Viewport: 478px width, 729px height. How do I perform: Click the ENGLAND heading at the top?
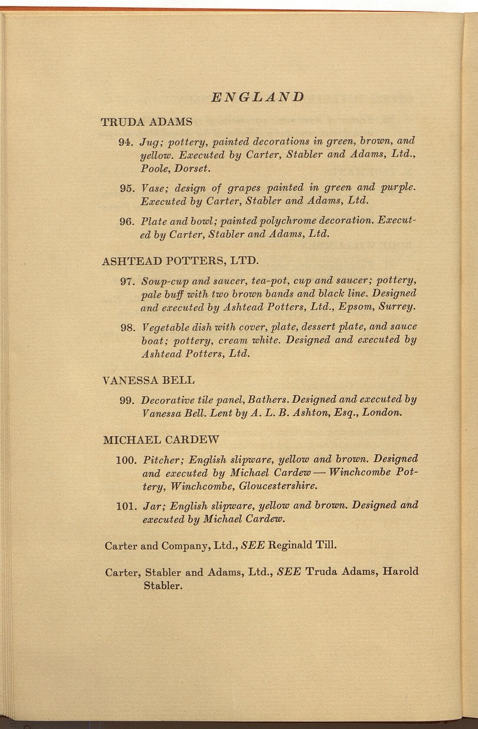coord(257,96)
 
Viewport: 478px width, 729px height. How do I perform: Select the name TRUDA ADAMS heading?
coord(147,122)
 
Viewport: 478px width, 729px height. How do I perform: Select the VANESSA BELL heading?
coord(148,381)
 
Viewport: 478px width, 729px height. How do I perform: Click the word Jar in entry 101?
coord(152,506)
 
